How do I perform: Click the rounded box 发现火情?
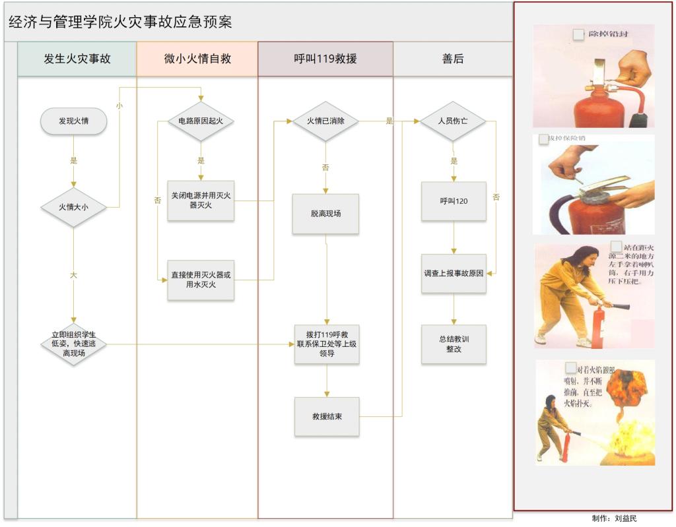click(x=73, y=121)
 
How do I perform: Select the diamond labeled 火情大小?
click(x=73, y=207)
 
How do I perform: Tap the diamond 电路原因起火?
click(x=201, y=121)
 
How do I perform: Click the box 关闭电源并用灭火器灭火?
click(x=201, y=201)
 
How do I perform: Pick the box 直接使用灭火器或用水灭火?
click(x=201, y=280)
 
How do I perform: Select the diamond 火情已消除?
click(x=325, y=121)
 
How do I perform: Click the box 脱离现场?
click(x=325, y=214)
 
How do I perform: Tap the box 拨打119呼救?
click(x=327, y=344)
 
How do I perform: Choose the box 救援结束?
click(x=327, y=416)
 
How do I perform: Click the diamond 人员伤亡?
click(x=454, y=121)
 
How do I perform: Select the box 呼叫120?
click(x=454, y=201)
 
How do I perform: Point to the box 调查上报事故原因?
click(x=454, y=273)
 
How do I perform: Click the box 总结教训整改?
click(x=454, y=344)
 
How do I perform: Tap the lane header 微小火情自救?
click(x=197, y=59)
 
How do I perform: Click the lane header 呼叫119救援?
click(x=325, y=59)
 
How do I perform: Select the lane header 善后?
click(x=453, y=59)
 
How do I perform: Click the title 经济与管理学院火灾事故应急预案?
click(x=120, y=22)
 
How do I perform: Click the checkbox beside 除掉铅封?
click(x=578, y=34)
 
